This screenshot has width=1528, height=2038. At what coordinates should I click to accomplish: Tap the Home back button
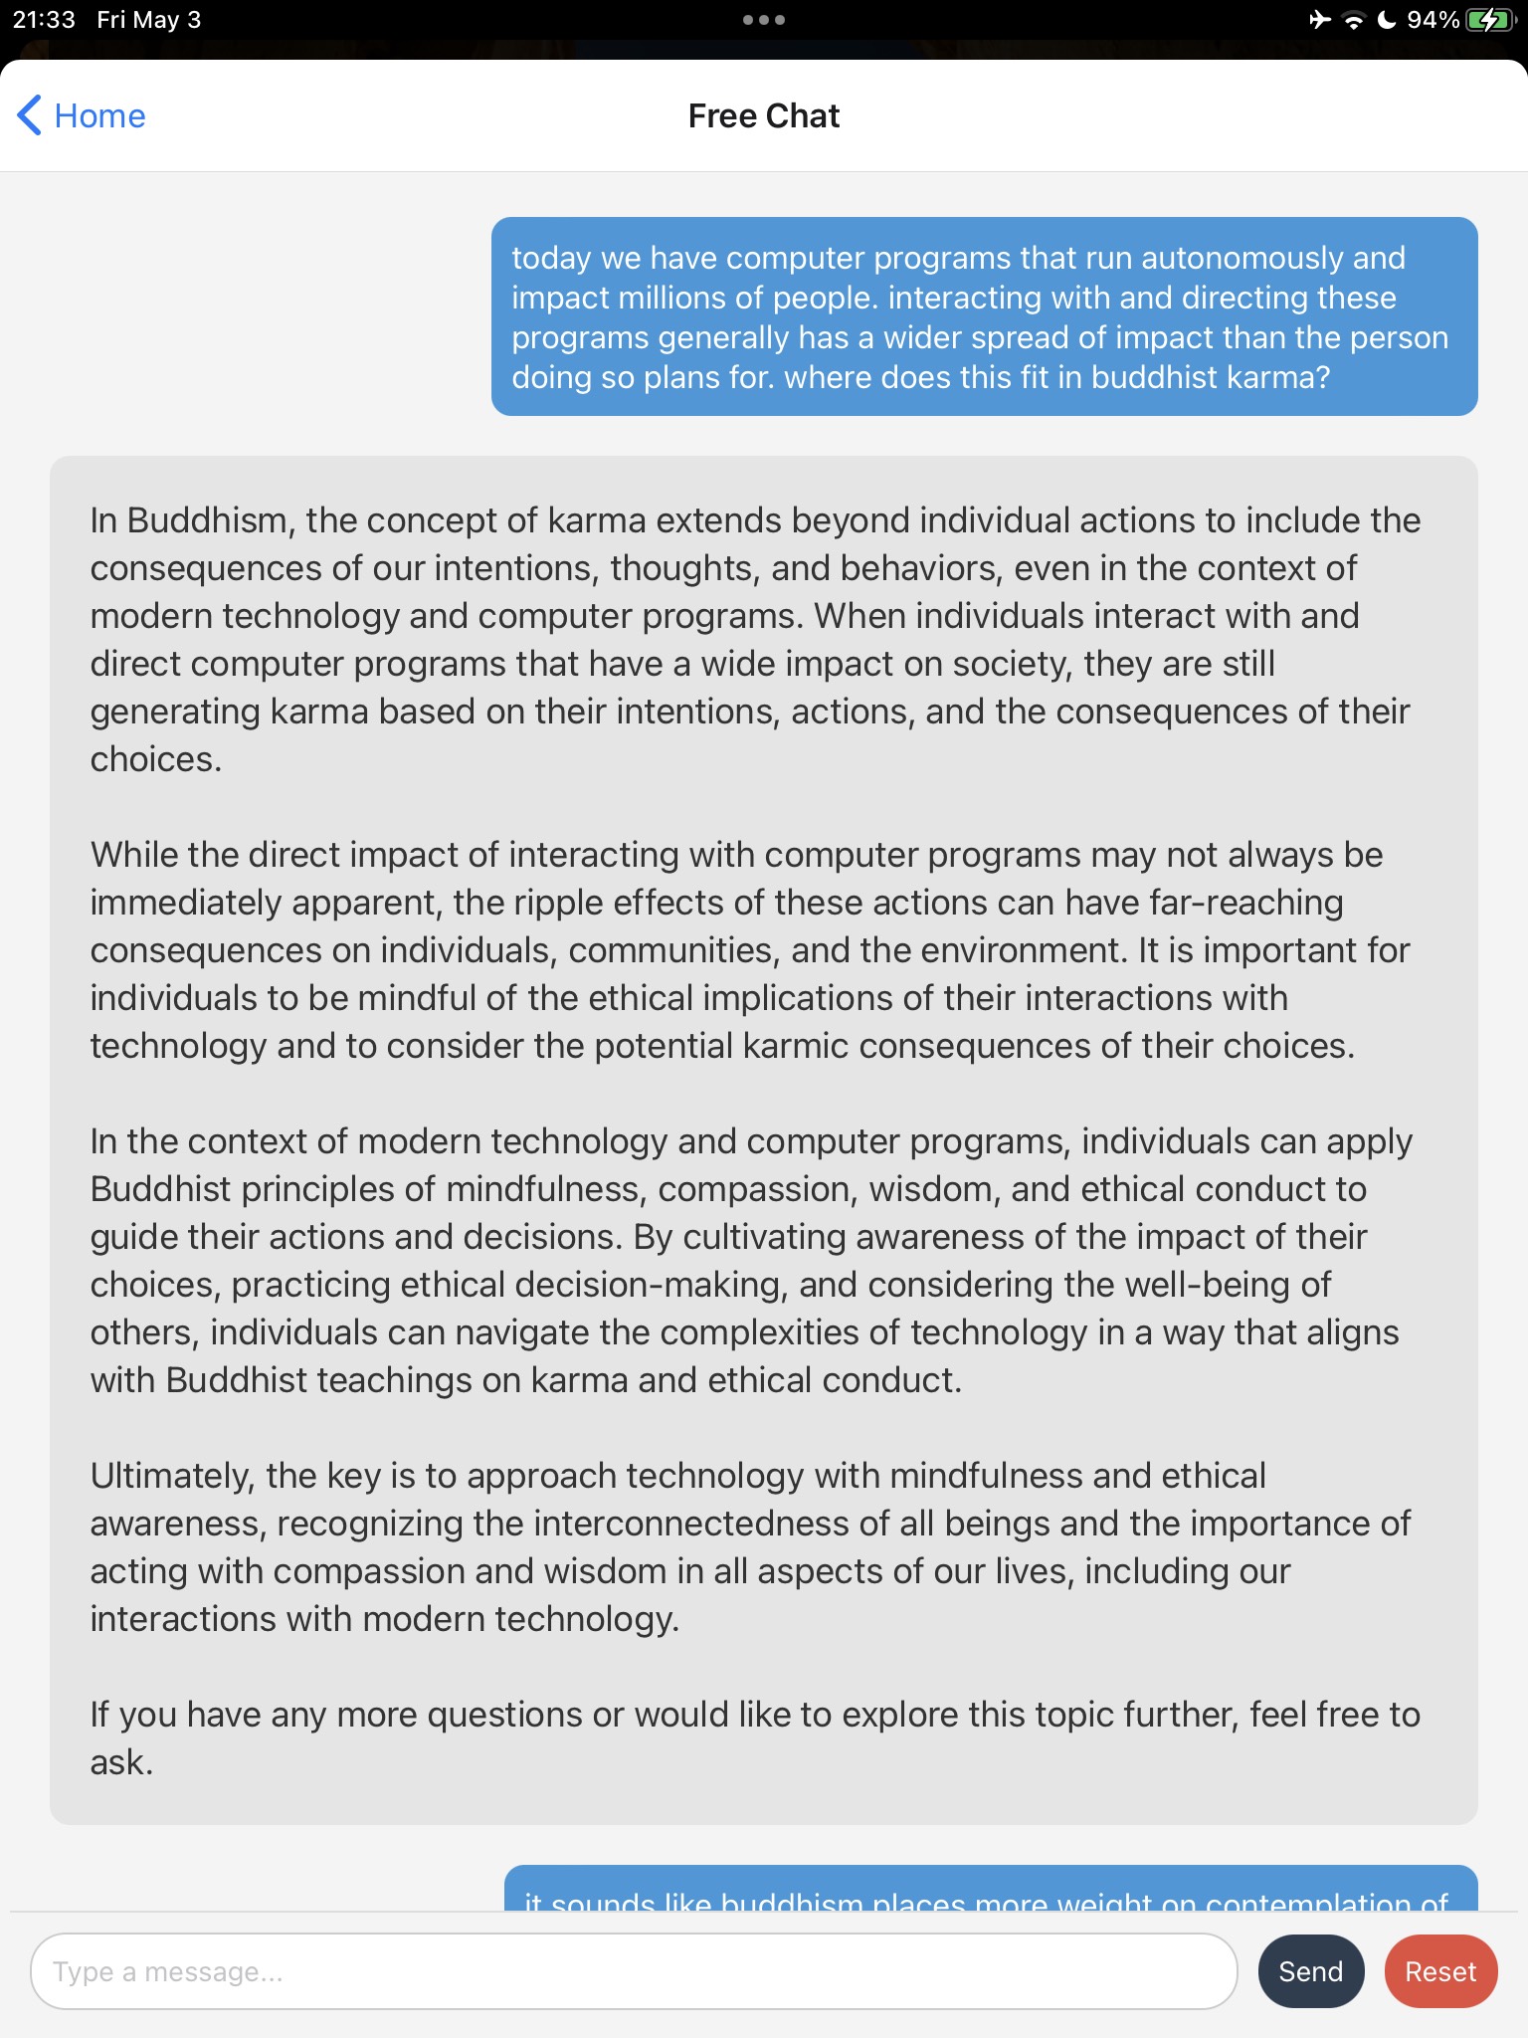(x=82, y=115)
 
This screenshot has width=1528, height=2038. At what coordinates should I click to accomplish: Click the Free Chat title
(x=763, y=115)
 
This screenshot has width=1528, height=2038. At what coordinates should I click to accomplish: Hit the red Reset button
(x=1439, y=1971)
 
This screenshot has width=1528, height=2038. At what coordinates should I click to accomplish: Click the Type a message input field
(x=634, y=1971)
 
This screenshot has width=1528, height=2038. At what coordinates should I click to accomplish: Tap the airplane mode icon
(x=1320, y=20)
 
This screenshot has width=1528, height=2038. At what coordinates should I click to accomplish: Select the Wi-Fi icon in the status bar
(x=1353, y=20)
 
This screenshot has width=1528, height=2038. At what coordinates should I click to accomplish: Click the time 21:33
(x=44, y=20)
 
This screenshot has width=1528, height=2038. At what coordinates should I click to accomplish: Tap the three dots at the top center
(x=763, y=20)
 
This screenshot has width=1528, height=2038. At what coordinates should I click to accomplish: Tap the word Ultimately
(x=172, y=1476)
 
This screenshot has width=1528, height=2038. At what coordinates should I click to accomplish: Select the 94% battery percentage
(x=1432, y=20)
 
